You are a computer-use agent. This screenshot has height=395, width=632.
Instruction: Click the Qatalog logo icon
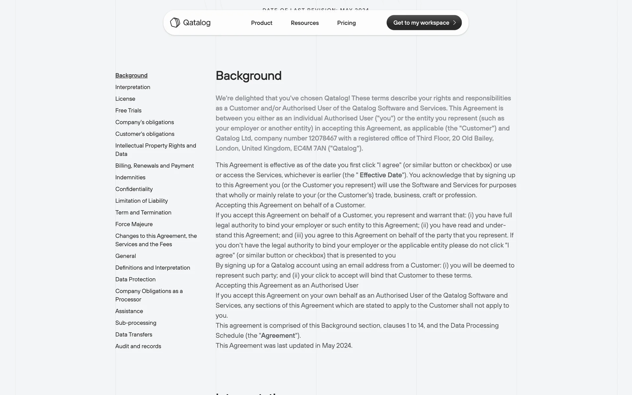(175, 23)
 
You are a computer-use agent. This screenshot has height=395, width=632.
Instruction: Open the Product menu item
(261, 23)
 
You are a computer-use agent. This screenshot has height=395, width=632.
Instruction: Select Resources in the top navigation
(304, 23)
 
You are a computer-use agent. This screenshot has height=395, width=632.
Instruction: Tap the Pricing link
(346, 23)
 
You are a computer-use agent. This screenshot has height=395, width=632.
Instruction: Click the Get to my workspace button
(424, 23)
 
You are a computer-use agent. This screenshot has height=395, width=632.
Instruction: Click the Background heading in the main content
(249, 76)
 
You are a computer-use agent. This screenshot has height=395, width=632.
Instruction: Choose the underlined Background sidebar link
(131, 75)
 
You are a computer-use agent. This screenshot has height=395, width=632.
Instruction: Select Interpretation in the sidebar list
(133, 87)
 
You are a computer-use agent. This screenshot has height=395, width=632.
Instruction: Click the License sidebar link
(125, 99)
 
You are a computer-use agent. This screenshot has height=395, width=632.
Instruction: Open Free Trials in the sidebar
(128, 111)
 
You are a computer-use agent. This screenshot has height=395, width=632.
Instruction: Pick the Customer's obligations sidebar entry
(145, 134)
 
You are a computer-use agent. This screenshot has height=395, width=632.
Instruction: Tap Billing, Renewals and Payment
(154, 166)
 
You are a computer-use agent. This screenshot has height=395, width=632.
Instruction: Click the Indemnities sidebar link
(130, 177)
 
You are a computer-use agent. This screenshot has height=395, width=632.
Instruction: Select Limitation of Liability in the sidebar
(142, 201)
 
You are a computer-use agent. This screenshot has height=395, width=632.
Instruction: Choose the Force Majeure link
(134, 224)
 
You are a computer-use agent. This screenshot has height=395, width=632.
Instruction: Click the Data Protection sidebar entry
(135, 279)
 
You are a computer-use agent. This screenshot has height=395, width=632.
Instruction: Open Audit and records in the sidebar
(138, 346)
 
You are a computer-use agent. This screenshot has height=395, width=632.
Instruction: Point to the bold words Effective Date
(381, 175)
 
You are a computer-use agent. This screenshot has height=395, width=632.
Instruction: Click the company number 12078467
(323, 138)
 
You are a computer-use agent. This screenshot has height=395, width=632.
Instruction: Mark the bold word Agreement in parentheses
(278, 336)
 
